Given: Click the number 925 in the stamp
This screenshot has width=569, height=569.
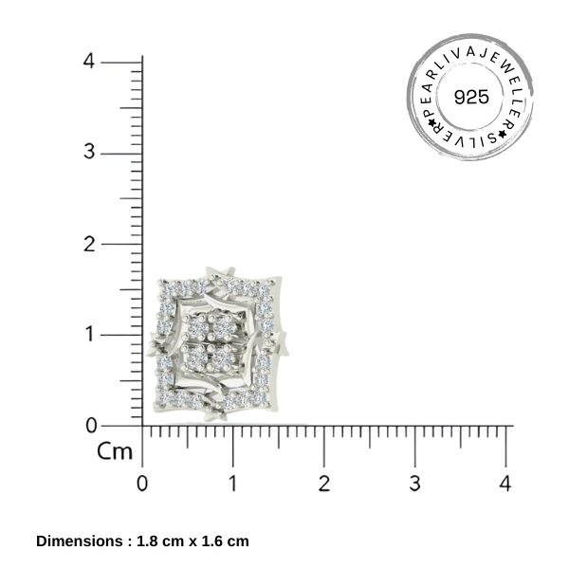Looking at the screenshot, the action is tap(471, 97).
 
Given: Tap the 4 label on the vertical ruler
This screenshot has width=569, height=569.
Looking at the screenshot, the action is tap(88, 61).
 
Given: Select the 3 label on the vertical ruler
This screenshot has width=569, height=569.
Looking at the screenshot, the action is tap(89, 152).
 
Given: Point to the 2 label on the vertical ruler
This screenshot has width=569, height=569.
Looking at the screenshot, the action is tap(89, 244).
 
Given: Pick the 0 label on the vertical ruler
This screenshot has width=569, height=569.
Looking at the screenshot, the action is tap(91, 425).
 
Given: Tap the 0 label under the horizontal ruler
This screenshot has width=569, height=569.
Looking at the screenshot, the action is tap(142, 483).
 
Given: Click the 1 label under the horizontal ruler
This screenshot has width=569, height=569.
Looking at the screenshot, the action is tap(233, 483).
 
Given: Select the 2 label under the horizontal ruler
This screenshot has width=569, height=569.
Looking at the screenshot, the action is tap(324, 483).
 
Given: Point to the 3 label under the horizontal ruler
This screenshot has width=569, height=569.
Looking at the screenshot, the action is tap(414, 483).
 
